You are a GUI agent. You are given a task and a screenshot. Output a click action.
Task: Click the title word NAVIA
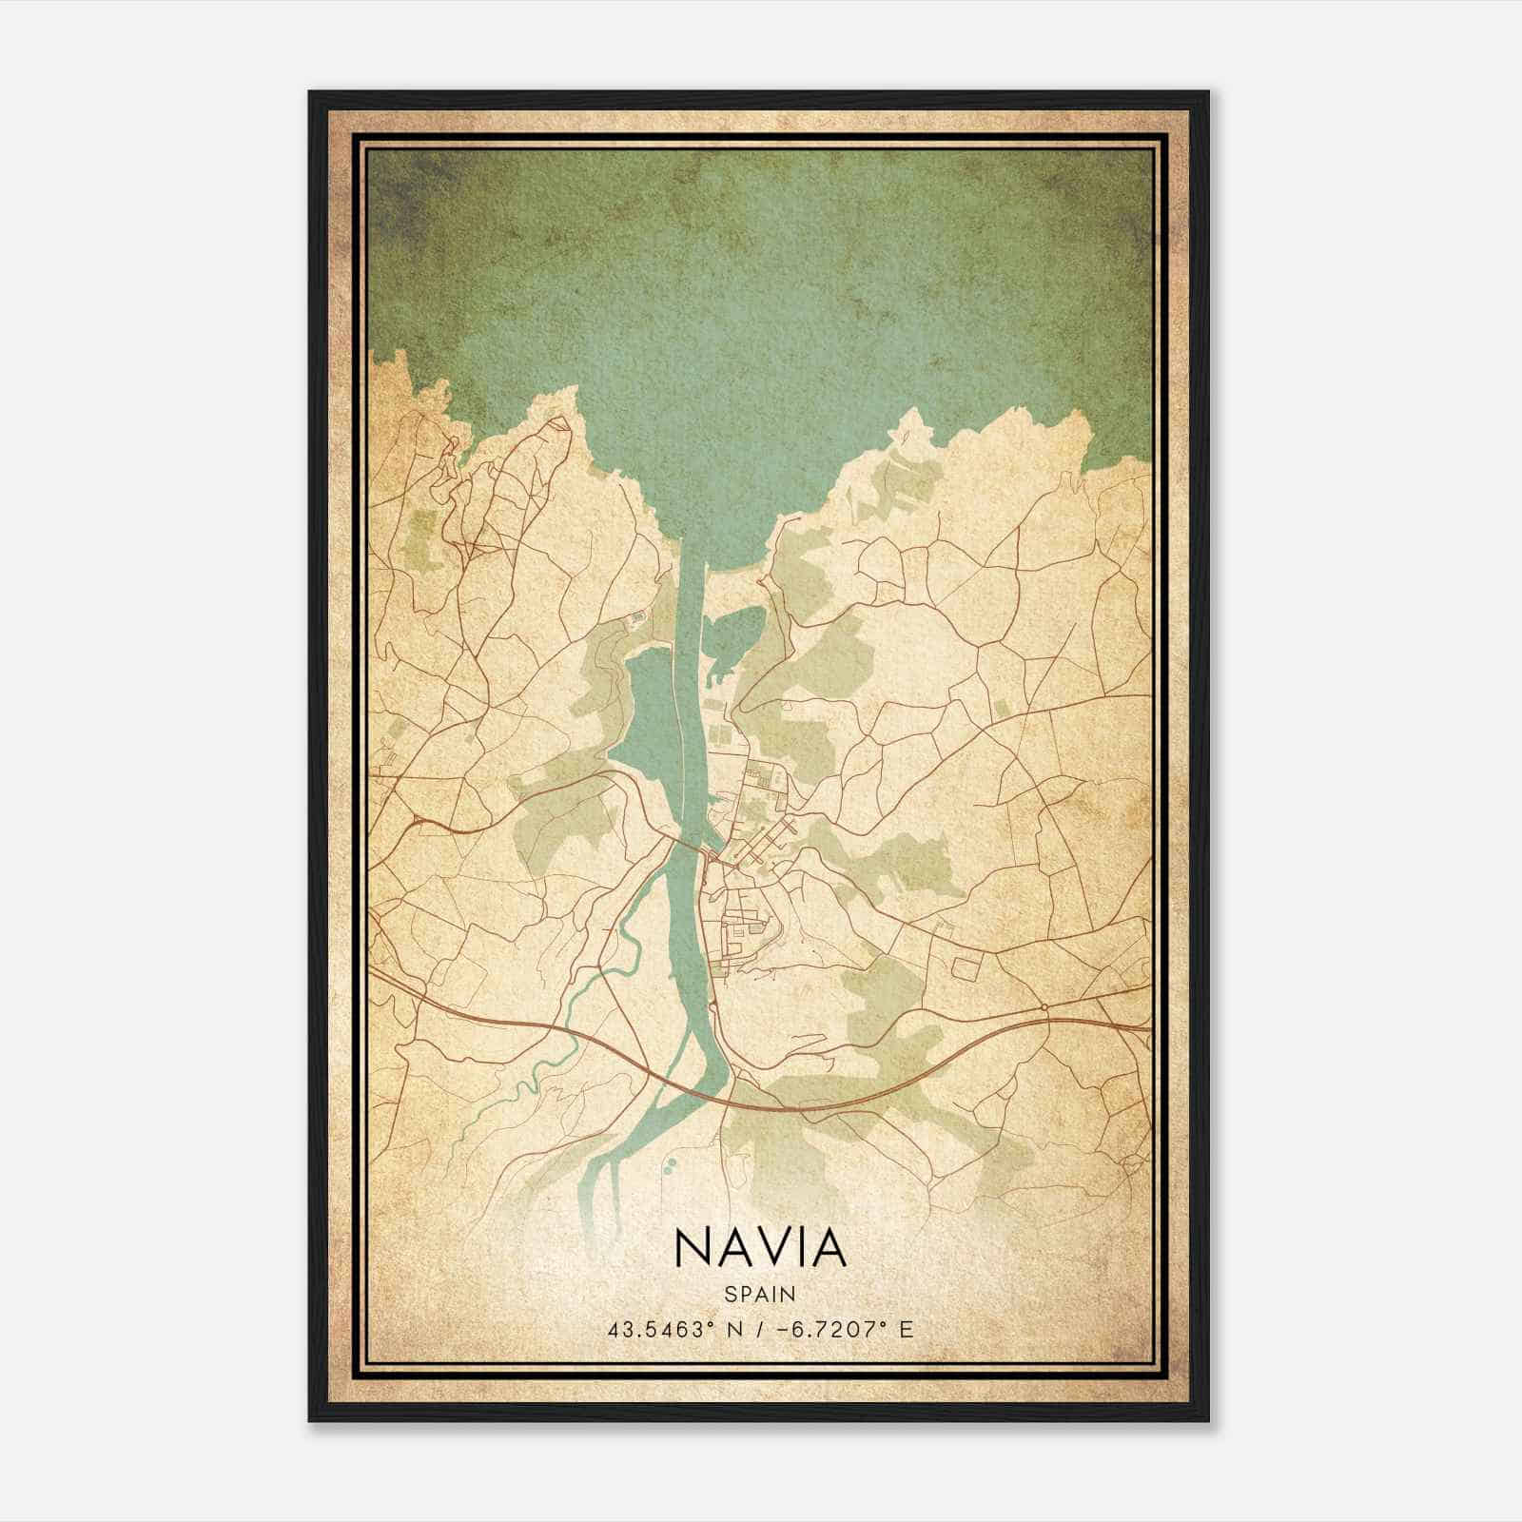[x=760, y=1248]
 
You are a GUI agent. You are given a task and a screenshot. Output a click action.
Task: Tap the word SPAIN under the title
[x=760, y=1294]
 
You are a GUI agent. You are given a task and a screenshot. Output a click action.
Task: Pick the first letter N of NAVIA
[x=690, y=1248]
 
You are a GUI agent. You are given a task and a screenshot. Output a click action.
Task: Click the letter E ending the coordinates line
[x=907, y=1329]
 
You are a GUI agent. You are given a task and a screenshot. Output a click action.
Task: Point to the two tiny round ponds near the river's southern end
[x=670, y=1163]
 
